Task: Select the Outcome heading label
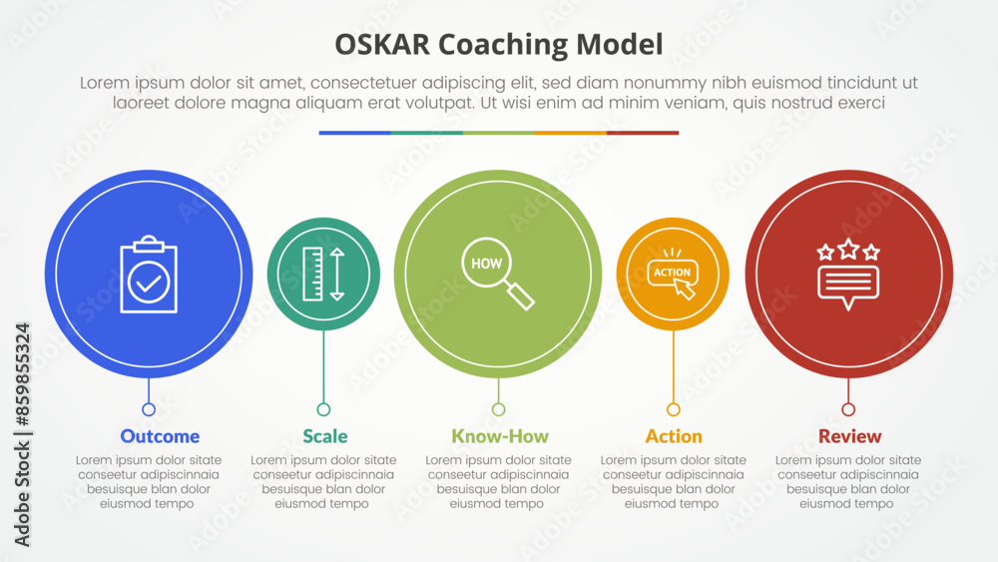pyautogui.click(x=160, y=436)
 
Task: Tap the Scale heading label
pyautogui.click(x=325, y=436)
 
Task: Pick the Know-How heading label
pyautogui.click(x=500, y=436)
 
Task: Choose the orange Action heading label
pyautogui.click(x=674, y=436)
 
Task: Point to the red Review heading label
pyautogui.click(x=849, y=436)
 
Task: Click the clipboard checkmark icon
pyautogui.click(x=149, y=275)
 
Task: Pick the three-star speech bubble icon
pyautogui.click(x=848, y=274)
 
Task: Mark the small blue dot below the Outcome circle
pyautogui.click(x=149, y=409)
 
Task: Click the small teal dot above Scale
pyautogui.click(x=323, y=409)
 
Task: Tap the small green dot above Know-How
pyautogui.click(x=499, y=409)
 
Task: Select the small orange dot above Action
pyautogui.click(x=674, y=409)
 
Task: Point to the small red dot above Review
pyautogui.click(x=848, y=409)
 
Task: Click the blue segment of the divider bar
pyautogui.click(x=355, y=133)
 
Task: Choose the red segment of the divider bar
pyautogui.click(x=643, y=133)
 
